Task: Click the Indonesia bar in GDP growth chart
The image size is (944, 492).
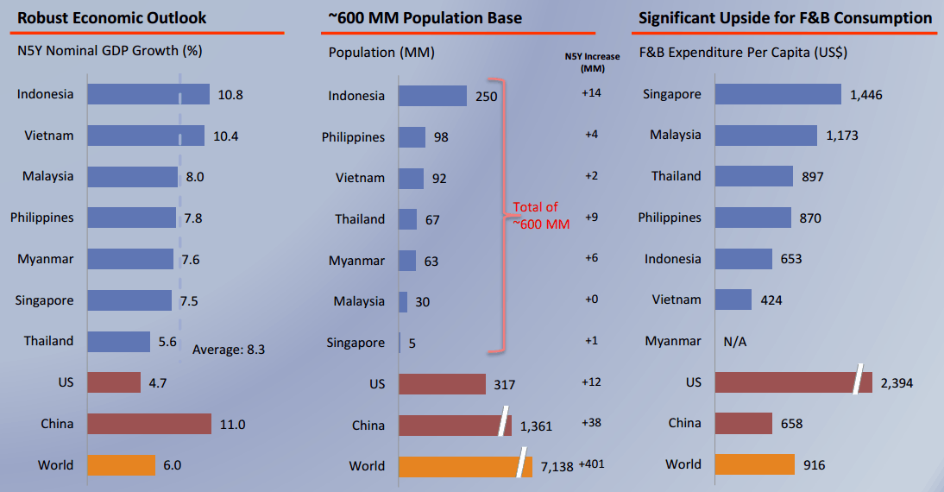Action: click(148, 94)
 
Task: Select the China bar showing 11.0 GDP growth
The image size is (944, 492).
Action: click(149, 424)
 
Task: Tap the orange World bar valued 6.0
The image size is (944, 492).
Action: click(121, 465)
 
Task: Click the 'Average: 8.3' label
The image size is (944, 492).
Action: click(229, 350)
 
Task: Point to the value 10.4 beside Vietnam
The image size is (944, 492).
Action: click(226, 136)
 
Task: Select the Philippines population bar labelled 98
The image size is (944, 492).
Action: click(412, 136)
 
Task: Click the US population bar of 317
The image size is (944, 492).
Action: click(442, 384)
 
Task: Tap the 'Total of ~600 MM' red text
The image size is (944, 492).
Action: click(541, 216)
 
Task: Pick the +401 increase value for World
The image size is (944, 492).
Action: click(591, 464)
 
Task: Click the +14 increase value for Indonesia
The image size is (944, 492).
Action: click(591, 92)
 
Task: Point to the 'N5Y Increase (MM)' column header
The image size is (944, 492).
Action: click(593, 62)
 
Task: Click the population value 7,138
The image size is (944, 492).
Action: click(557, 467)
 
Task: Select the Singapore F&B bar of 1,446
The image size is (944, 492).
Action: click(777, 94)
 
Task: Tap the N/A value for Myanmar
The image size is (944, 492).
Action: click(734, 342)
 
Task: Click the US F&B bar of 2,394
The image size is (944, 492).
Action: click(794, 382)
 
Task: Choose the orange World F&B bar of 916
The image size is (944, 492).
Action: click(755, 464)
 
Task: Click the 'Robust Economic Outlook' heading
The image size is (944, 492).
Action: click(112, 18)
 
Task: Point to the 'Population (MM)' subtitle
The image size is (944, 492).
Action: click(381, 53)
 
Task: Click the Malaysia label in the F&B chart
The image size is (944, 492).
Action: click(676, 135)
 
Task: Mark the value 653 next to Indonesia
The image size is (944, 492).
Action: click(791, 259)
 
